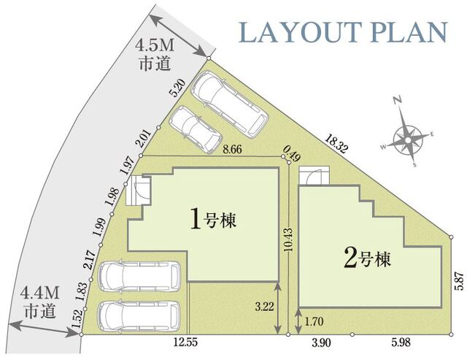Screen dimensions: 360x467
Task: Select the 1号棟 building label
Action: coord(215,218)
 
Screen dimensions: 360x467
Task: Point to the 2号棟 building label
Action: coord(369,258)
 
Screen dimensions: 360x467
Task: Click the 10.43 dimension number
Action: coord(288,239)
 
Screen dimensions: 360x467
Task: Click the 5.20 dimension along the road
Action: coord(175,90)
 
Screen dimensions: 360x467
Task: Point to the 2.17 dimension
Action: coord(89,261)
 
